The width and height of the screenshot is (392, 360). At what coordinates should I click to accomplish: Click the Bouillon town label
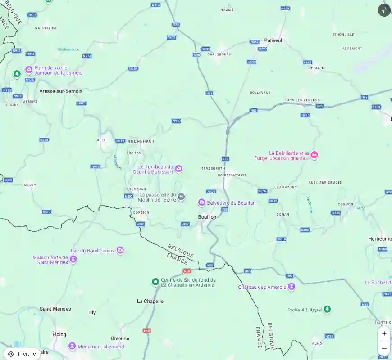[x=207, y=217]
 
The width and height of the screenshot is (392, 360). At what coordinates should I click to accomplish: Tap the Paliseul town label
[x=273, y=40]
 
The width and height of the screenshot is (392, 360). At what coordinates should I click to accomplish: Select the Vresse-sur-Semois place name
[x=61, y=91]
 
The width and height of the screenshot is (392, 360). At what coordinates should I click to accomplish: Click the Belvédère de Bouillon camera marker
[x=202, y=203]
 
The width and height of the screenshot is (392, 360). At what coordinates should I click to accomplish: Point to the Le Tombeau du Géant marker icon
[x=179, y=169]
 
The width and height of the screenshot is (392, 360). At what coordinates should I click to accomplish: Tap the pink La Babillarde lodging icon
[x=315, y=155]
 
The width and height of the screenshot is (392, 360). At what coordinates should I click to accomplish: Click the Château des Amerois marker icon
[x=292, y=287]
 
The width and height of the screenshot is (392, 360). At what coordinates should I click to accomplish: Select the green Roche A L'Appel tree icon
[x=328, y=309]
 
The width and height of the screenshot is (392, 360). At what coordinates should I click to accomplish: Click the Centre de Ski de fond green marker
[x=155, y=282]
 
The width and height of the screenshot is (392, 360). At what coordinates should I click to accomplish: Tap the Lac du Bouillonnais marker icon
[x=120, y=251]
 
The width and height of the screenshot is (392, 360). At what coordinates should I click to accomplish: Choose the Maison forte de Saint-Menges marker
[x=73, y=259]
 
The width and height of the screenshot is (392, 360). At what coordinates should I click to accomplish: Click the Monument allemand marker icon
[x=72, y=346]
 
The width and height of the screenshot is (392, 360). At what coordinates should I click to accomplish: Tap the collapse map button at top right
[x=384, y=10]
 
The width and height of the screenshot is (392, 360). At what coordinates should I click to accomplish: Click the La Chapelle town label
[x=150, y=301]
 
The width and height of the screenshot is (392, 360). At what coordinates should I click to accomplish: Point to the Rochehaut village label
[x=141, y=141]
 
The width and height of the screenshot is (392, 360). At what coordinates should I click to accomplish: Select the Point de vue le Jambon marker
[x=29, y=70]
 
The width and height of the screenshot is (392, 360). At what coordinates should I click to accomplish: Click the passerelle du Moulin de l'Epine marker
[x=181, y=197]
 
